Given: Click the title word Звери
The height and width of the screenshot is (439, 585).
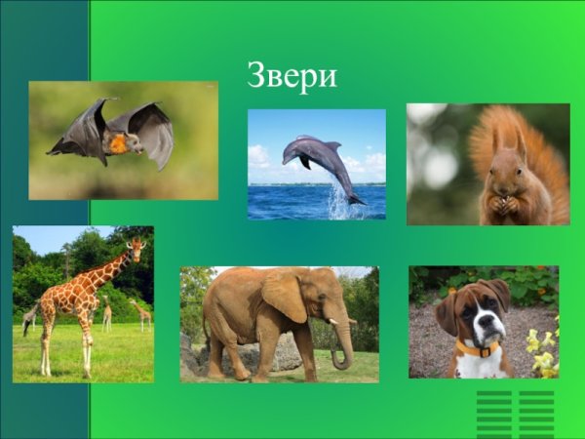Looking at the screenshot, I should coord(292,76).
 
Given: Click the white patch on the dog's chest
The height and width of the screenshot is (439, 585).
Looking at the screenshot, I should coord(478,367).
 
